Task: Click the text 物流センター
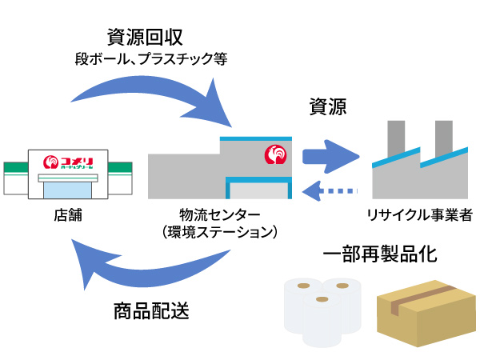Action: [x=219, y=215]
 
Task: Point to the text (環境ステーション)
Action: [x=219, y=232]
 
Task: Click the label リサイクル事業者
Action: [x=418, y=215]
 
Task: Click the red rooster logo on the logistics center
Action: [x=273, y=154]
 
